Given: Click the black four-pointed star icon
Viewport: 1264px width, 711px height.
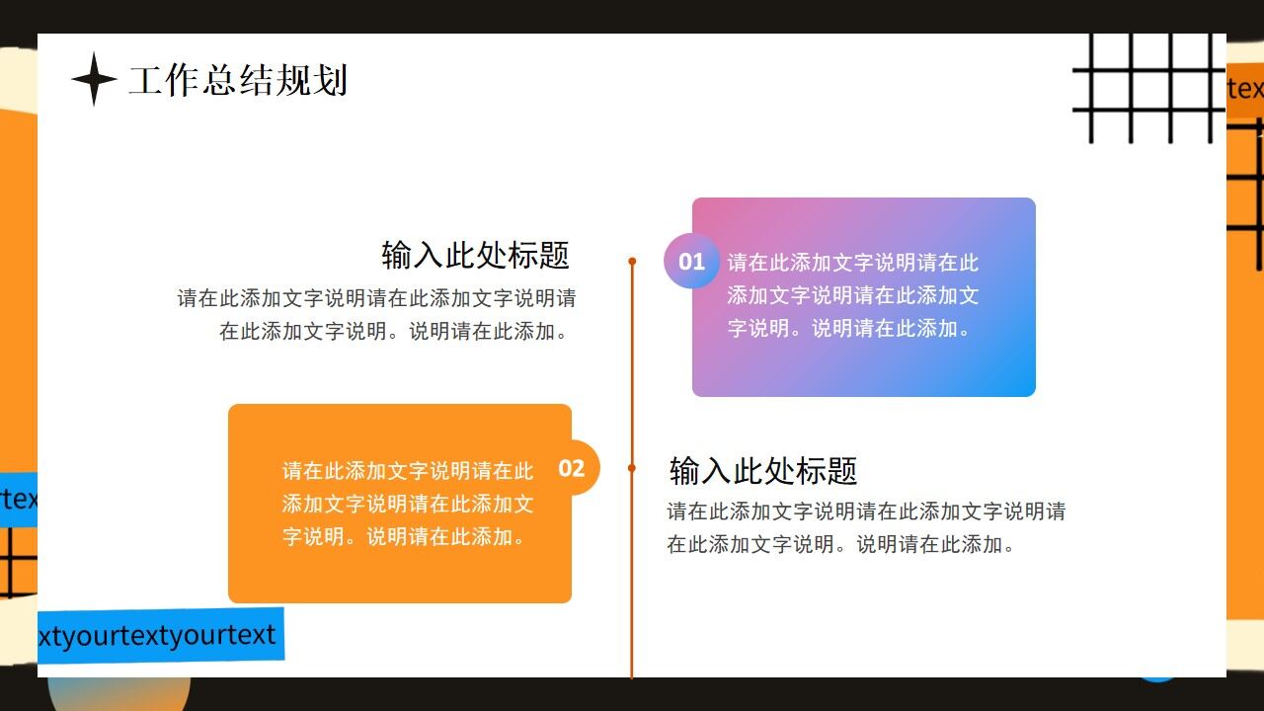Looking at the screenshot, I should tap(94, 79).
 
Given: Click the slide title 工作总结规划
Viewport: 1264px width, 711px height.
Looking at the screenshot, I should tap(238, 80).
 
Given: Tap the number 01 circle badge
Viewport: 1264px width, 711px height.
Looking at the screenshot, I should tap(691, 262).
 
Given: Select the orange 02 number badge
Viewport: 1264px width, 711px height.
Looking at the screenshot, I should tap(572, 467).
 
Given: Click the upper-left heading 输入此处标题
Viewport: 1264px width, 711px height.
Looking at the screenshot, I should tap(475, 255).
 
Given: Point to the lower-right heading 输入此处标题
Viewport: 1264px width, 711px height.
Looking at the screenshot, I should tap(762, 470).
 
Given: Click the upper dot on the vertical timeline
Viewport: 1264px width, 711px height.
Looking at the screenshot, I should tap(632, 262).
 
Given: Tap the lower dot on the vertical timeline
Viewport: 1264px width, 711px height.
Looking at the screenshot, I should tap(632, 468).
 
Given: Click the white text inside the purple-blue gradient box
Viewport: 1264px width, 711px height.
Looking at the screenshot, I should tap(853, 295).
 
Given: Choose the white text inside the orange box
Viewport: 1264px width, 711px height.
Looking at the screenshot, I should tap(408, 504).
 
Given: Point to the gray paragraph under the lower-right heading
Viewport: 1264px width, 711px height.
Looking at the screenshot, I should tap(865, 527).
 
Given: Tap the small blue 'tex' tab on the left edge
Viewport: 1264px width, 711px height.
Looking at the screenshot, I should tap(18, 499).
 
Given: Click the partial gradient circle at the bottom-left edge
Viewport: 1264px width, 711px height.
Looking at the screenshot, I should tap(118, 693).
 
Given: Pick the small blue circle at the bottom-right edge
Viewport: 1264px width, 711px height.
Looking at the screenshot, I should tap(1157, 679).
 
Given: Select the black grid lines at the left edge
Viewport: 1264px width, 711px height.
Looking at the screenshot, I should tap(17, 563).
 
